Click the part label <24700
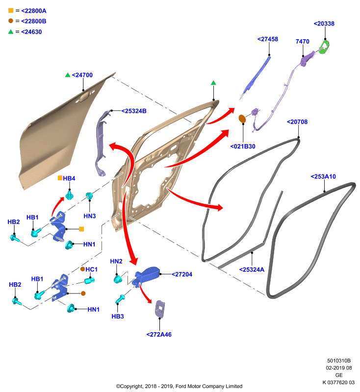click(82, 75)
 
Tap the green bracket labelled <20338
click(325, 47)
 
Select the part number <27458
click(268, 39)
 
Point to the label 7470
click(302, 42)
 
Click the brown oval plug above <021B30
click(242, 119)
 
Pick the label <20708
click(297, 122)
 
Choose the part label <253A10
click(323, 176)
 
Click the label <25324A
click(252, 269)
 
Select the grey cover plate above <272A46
click(160, 309)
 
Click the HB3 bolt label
click(118, 316)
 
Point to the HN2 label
click(116, 261)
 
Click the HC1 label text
click(91, 269)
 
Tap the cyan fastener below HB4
click(69, 195)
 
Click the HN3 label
click(90, 216)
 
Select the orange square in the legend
click(11, 10)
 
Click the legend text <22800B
click(34, 21)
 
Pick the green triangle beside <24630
click(11, 31)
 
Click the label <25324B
click(134, 111)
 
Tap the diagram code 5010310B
click(339, 361)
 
